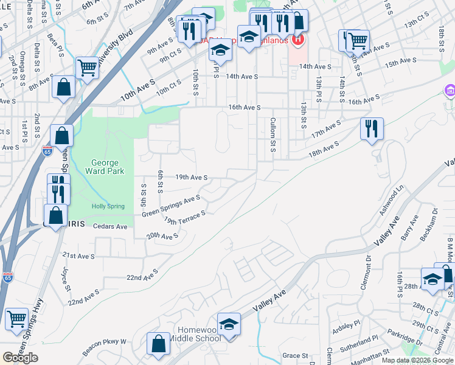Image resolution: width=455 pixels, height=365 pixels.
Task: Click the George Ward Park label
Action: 107,167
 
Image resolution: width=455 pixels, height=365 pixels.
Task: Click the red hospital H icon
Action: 298,41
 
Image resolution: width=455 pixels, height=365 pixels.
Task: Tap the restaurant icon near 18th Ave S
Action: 372,129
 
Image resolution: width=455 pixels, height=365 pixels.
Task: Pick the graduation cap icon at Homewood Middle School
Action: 229,324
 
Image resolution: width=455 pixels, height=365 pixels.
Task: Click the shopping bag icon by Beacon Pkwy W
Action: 158,343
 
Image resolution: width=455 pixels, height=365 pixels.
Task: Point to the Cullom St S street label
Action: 273,135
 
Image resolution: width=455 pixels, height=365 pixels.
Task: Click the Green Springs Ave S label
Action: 171,206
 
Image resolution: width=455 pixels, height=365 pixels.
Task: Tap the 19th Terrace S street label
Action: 185,218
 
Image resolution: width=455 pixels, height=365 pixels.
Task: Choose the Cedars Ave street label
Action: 110,226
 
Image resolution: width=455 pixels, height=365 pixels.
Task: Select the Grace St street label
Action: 296,355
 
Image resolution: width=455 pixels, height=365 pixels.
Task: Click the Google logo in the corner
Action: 20,358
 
